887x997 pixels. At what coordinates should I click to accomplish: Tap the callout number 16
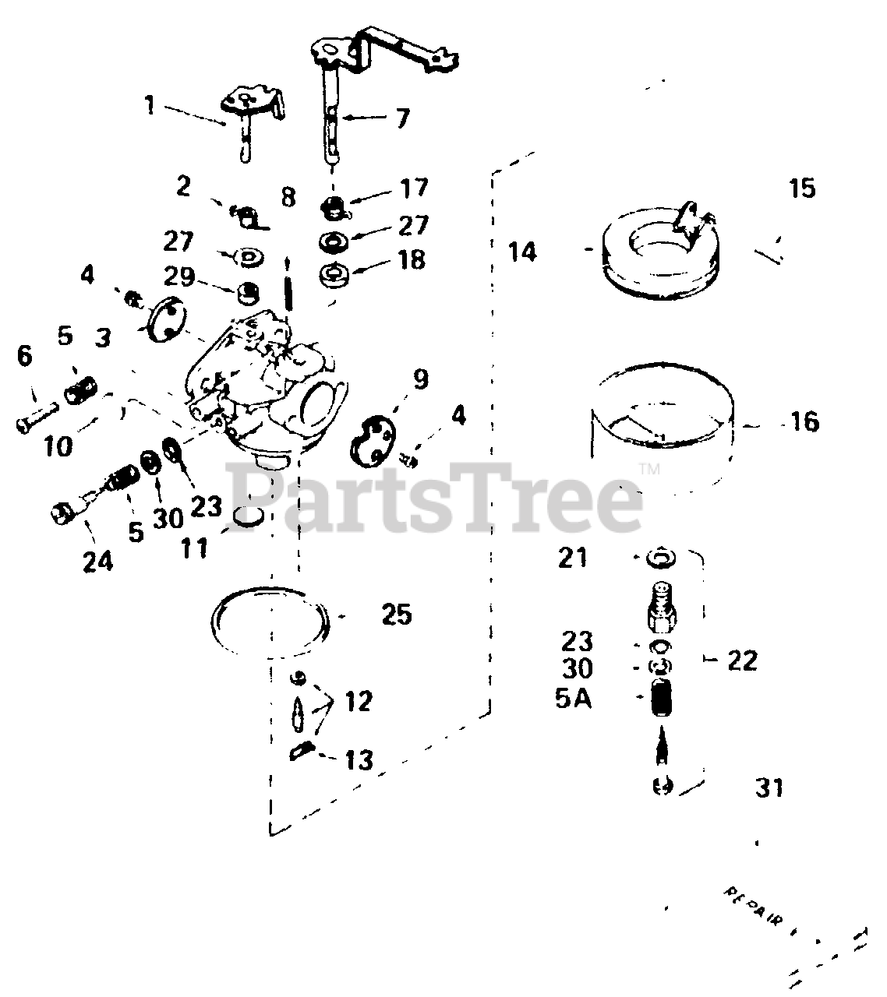(804, 422)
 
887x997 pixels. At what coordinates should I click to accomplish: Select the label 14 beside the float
(522, 252)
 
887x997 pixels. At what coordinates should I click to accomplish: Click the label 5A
(574, 699)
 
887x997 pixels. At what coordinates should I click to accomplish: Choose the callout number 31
(769, 788)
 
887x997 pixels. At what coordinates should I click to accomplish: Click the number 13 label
(359, 759)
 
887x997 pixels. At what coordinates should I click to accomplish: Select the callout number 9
(420, 379)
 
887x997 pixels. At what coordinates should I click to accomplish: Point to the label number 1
(150, 104)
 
